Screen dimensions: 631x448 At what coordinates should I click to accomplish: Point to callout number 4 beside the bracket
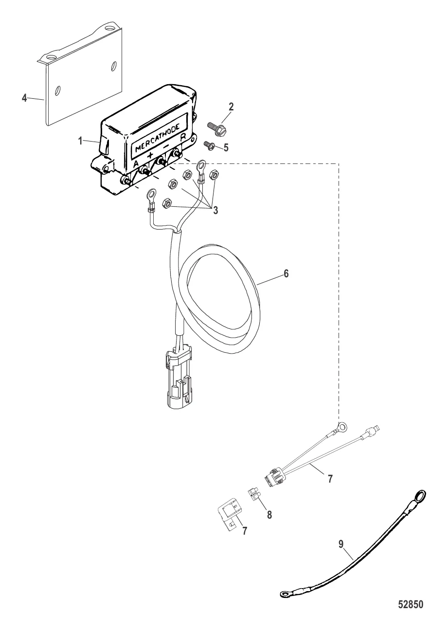[24, 97]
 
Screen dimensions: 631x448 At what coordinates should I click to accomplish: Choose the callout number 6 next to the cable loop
[287, 275]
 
